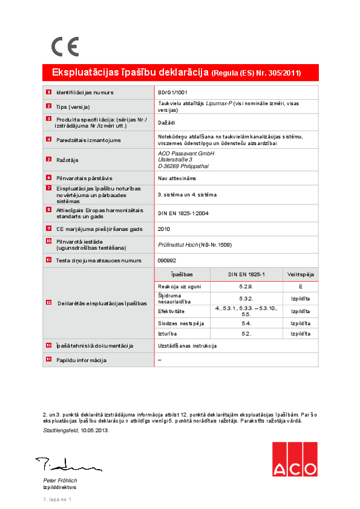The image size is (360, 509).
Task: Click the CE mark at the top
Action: click(64, 47)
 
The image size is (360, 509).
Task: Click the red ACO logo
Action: click(294, 459)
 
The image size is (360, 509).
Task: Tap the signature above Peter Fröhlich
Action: click(67, 465)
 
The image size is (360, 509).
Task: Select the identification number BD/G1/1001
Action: click(172, 92)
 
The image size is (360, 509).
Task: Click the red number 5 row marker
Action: click(48, 160)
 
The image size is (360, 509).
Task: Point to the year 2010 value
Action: click(164, 229)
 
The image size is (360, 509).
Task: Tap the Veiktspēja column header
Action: click(300, 274)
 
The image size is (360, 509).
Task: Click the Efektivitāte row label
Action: click(171, 311)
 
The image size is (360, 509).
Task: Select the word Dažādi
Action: click(166, 123)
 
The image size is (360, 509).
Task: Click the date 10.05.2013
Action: click(93, 430)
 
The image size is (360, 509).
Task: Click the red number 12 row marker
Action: click(48, 303)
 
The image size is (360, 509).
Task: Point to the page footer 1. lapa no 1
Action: click(57, 499)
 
